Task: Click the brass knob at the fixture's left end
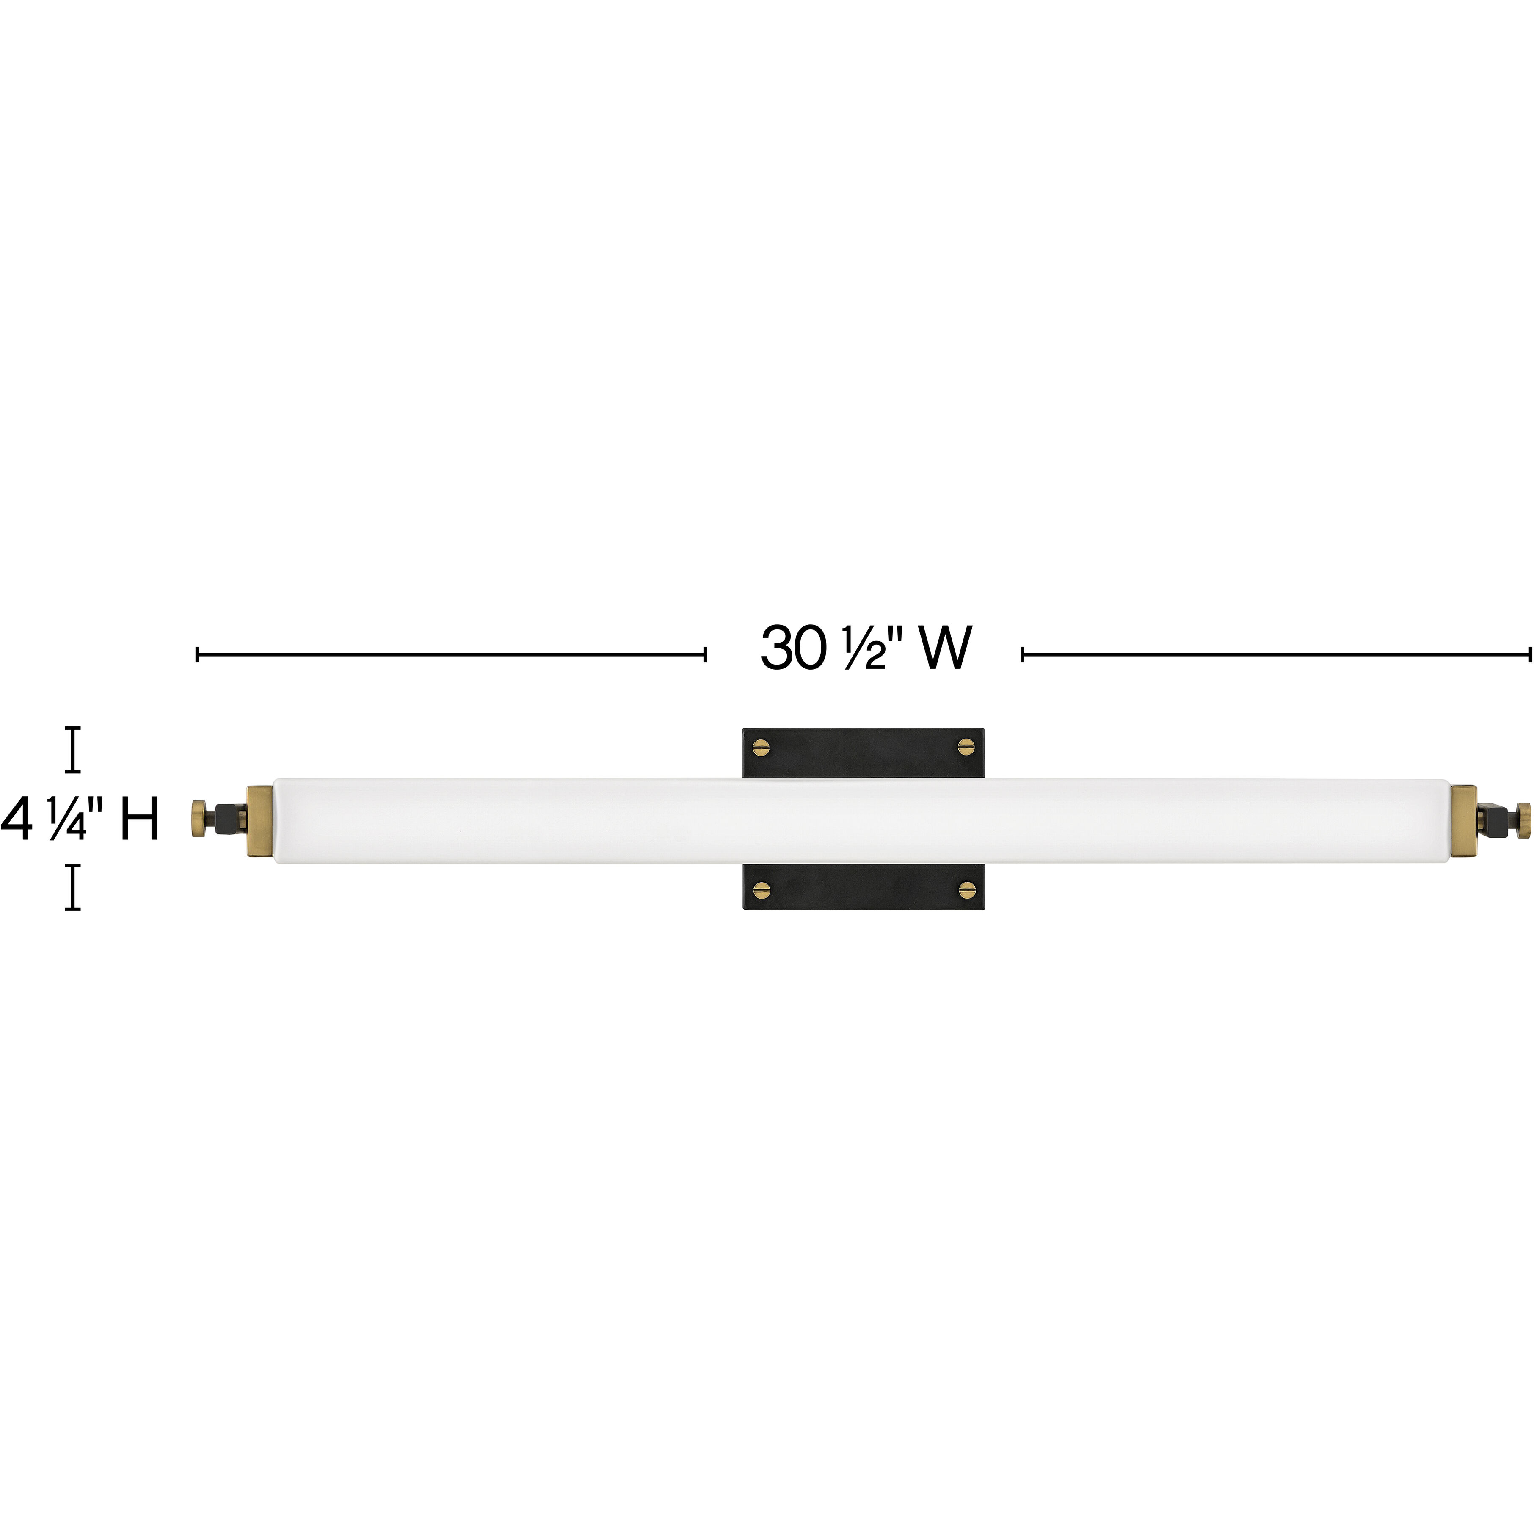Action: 197,819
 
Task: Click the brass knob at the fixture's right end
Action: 1522,819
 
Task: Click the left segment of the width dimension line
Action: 451,654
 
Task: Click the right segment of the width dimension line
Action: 1276,654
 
